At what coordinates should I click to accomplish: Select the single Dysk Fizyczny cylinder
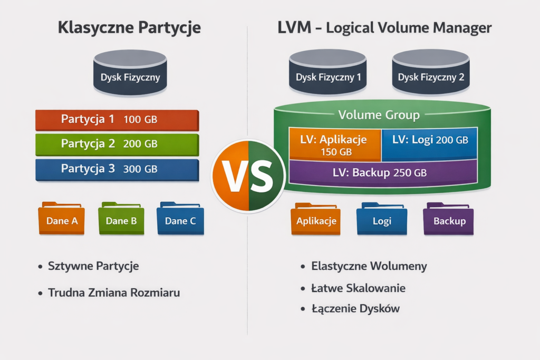coord(130,74)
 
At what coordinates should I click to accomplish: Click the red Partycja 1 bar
coord(117,120)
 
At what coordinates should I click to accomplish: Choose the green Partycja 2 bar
coord(117,144)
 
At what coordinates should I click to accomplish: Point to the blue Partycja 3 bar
coord(117,169)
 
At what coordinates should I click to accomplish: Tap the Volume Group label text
coord(379,115)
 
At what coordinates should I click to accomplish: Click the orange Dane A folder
coord(61,219)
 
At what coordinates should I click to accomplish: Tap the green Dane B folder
coord(121,219)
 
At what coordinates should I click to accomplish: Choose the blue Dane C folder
coord(180,219)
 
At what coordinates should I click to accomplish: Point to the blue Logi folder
coord(382,219)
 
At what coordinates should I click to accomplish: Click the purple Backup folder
coord(449,219)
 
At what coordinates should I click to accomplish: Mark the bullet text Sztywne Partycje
coord(93,266)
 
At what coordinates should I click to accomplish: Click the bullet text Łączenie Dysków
coord(355,309)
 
